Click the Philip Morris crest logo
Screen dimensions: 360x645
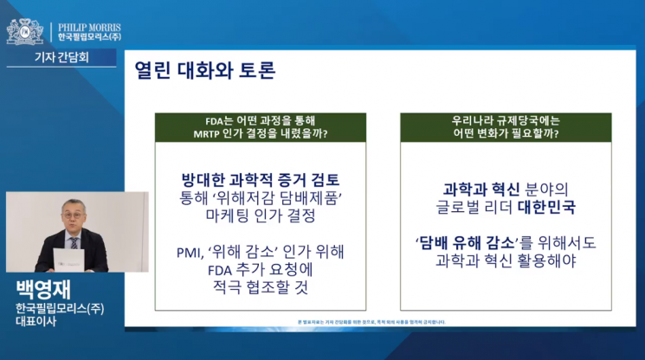24,31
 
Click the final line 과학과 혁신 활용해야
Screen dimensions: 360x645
506,261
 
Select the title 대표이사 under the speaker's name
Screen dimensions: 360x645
34,321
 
